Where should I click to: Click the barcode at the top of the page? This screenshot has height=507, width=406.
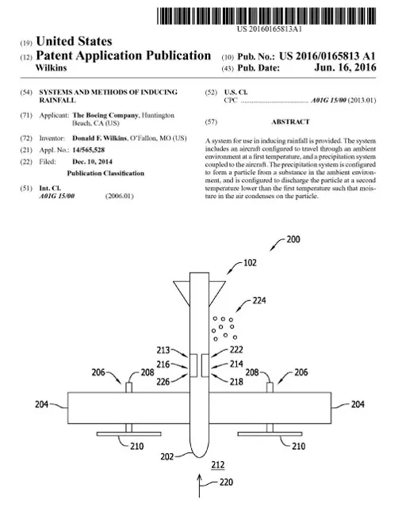[x=266, y=16]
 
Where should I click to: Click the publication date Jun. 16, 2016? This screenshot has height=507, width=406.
[x=345, y=67]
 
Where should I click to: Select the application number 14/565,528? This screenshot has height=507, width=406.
[x=88, y=150]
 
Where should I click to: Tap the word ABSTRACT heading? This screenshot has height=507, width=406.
[x=290, y=122]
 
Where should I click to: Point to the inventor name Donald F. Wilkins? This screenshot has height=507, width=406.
[x=99, y=138]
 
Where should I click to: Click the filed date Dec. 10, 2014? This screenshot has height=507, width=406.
[x=92, y=162]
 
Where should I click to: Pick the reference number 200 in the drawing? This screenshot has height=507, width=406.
[x=293, y=239]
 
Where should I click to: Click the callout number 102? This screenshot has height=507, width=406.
[x=250, y=262]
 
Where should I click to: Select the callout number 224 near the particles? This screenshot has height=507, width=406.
[x=259, y=301]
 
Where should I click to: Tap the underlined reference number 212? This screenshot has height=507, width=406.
[x=218, y=465]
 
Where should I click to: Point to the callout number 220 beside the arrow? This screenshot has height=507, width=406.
[x=226, y=482]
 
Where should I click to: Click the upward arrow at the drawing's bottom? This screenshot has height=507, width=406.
[x=200, y=486]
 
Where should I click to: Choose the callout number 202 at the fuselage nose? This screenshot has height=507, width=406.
[x=167, y=456]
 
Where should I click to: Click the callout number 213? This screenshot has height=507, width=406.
[x=163, y=350]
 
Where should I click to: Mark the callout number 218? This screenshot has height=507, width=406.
[x=236, y=382]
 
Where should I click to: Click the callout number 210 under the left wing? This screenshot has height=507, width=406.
[x=136, y=446]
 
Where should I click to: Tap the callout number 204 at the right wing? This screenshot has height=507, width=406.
[x=358, y=404]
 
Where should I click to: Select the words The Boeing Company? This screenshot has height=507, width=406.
[x=106, y=115]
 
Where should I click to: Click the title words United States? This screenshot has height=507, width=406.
[x=74, y=41]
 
